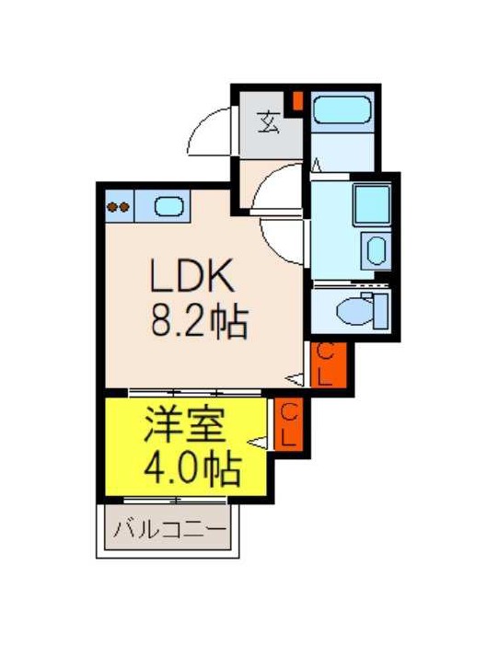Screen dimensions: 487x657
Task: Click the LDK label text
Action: pos(192,276)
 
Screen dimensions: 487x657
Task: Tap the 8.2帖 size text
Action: pos(200,322)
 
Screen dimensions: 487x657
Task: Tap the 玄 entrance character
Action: pos(268,122)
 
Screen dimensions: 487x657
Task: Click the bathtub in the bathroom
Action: pos(342,109)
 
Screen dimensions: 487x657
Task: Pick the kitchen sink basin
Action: pos(168,206)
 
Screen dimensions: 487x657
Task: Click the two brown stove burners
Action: pos(118,207)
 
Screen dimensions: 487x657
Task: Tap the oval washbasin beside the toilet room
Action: pos(377,250)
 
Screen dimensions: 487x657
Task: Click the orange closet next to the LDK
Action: pos(329,364)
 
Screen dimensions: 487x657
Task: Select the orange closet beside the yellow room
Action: pos(288,424)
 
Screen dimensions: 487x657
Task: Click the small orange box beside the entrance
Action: pos(297,100)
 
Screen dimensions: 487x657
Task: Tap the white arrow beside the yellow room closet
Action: pos(258,442)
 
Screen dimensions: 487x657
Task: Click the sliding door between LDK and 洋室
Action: pos(194,393)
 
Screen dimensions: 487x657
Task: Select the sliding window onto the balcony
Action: pos(175,501)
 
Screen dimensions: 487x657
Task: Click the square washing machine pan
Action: pos(372,204)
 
